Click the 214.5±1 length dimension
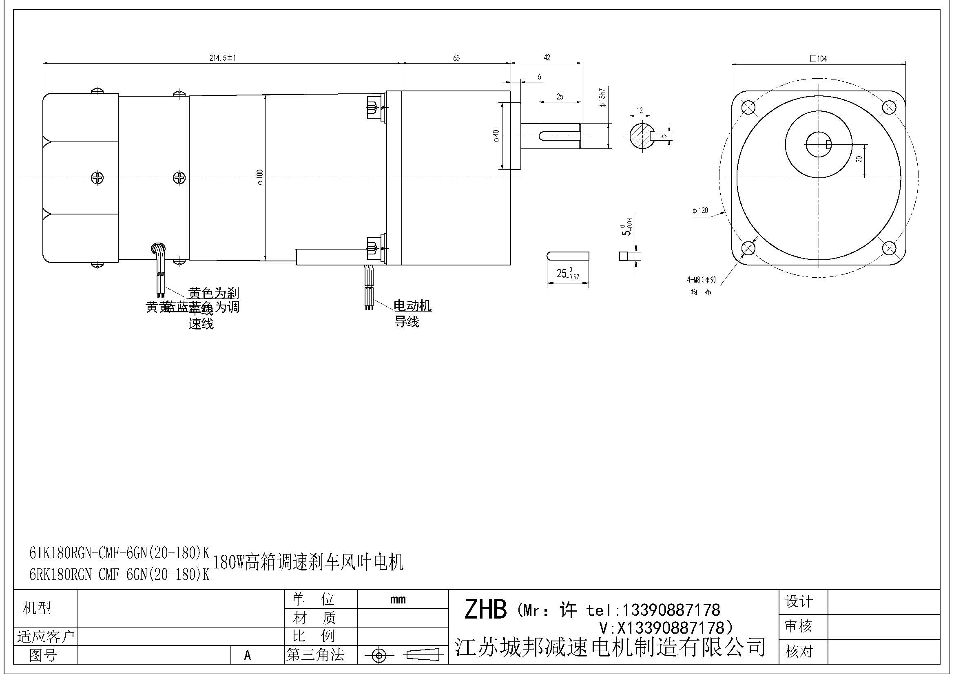pyautogui.click(x=222, y=58)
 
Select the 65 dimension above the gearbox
pyautogui.click(x=456, y=58)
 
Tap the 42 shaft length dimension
pyautogui.click(x=547, y=58)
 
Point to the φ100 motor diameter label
pyautogui.click(x=260, y=177)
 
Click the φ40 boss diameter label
pyautogui.click(x=496, y=136)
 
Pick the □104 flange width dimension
pyautogui.click(x=818, y=59)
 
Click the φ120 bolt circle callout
pyautogui.click(x=700, y=210)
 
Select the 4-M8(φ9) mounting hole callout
pyautogui.click(x=701, y=280)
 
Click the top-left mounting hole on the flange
pyautogui.click(x=748, y=108)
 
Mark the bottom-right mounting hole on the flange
pyautogui.click(x=888, y=248)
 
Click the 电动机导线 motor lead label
pyautogui.click(x=412, y=314)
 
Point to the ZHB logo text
pyautogui.click(x=485, y=610)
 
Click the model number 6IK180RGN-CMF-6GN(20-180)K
pyautogui.click(x=120, y=553)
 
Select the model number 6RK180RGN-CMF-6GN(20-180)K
pyautogui.click(x=120, y=575)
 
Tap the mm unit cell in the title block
pyautogui.click(x=398, y=599)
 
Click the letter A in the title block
pyautogui.click(x=248, y=655)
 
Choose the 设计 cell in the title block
pyautogui.click(x=799, y=601)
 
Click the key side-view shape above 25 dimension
pyautogui.click(x=568, y=256)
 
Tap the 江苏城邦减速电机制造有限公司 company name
pyautogui.click(x=610, y=647)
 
